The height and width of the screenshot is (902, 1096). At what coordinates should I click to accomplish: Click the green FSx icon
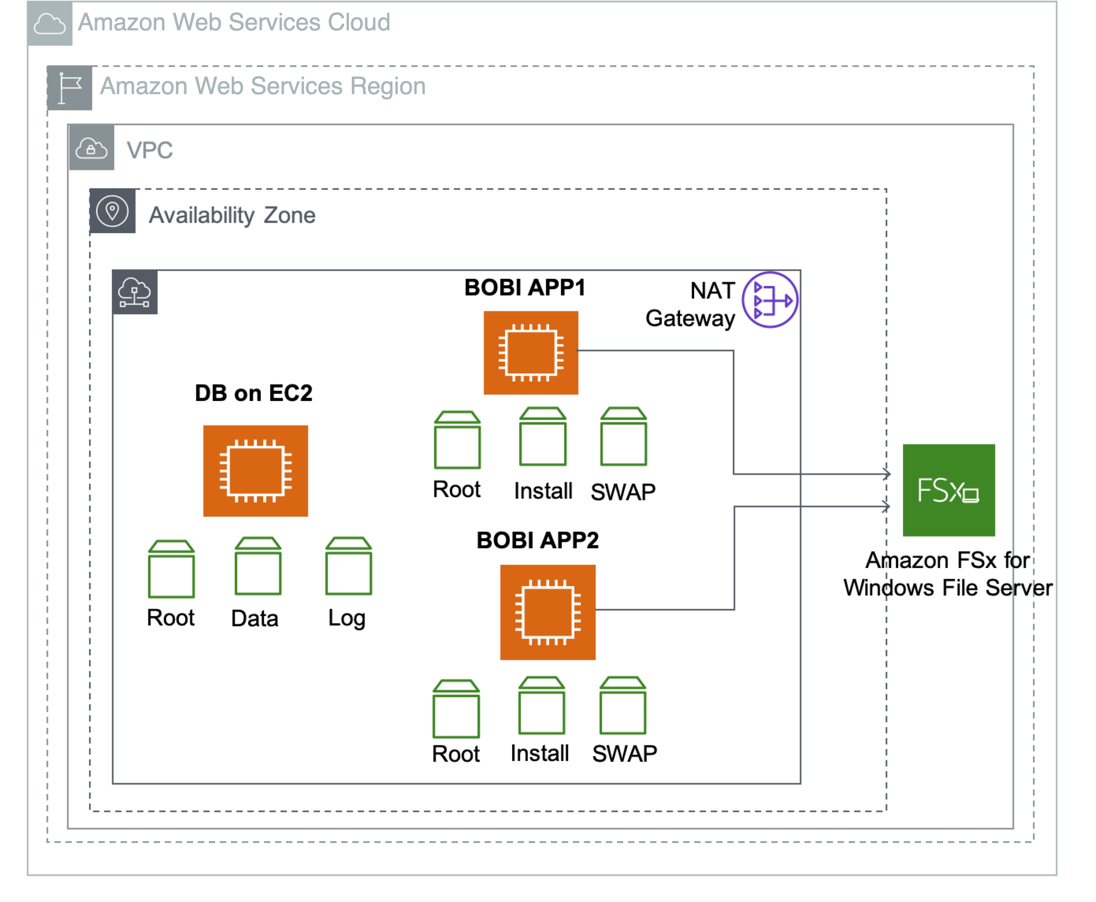949,490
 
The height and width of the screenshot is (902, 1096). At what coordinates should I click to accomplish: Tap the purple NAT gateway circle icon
770,300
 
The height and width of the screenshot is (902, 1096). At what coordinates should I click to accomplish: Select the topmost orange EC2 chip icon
531,352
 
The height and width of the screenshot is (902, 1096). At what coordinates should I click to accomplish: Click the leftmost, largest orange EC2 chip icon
256,470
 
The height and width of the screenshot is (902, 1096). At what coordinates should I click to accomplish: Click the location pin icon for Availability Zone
112,211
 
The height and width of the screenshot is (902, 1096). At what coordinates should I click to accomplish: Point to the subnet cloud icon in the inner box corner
135,292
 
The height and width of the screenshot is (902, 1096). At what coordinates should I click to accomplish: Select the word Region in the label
388,86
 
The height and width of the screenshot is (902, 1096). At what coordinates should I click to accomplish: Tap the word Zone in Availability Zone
290,215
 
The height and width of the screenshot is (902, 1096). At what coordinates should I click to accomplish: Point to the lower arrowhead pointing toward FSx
886,506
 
